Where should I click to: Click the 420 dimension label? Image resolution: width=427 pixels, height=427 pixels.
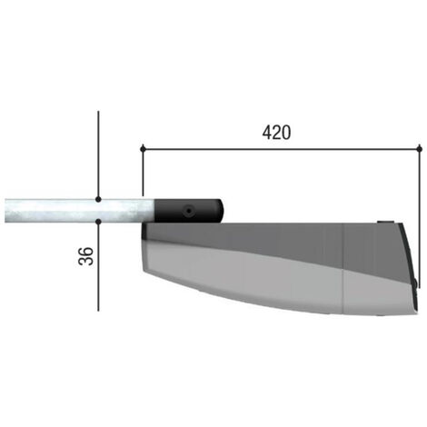pos(276,133)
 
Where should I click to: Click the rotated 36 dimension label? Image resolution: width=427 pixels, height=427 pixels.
pos(86,256)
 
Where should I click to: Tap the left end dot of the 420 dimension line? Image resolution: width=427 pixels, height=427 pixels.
pos(143,149)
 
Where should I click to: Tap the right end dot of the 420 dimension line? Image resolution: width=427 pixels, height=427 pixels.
pos(420,149)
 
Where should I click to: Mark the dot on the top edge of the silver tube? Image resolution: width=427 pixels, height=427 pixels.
pos(98,199)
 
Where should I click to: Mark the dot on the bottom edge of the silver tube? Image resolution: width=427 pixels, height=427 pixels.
pos(98,222)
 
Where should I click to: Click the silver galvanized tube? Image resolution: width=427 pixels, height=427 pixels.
pos(79,211)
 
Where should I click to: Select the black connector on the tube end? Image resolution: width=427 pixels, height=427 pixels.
pos(188,211)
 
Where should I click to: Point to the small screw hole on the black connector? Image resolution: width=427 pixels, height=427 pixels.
pos(189,211)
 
